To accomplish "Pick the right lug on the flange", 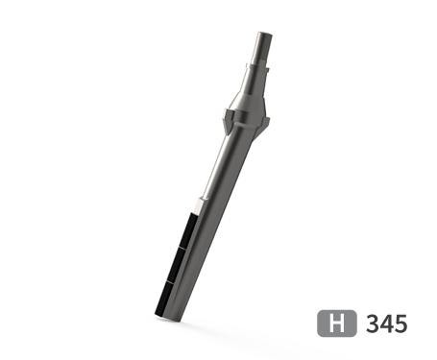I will (266, 121).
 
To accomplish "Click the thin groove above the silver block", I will (198, 203).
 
